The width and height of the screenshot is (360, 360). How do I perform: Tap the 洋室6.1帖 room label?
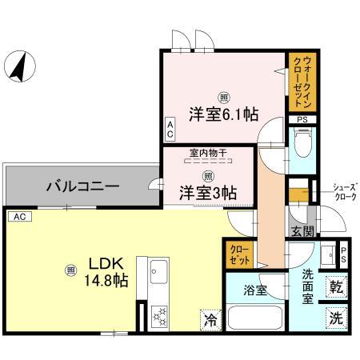coord(223,114)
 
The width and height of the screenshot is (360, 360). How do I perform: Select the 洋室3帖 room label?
coord(206,192)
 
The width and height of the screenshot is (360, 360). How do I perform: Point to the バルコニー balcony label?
coord(82,186)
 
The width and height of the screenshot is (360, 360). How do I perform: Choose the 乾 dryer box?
coord(336,284)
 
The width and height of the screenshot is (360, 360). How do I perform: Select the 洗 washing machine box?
coord(336,316)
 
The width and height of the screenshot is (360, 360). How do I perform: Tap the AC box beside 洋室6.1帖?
coord(170,130)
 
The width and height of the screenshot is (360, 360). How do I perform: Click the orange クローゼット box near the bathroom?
coord(240,254)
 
